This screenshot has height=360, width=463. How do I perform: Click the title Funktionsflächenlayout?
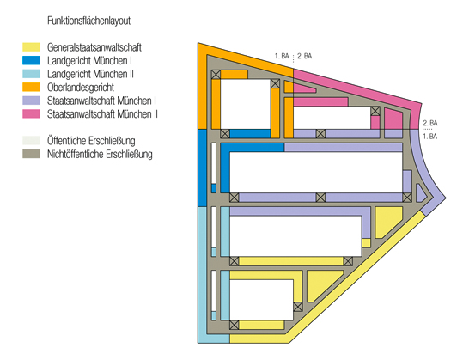click(x=88, y=21)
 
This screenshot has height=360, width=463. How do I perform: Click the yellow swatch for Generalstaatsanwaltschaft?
click(x=31, y=47)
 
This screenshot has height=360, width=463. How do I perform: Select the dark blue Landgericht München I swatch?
click(x=31, y=60)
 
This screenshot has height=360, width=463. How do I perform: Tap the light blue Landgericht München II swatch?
click(x=31, y=74)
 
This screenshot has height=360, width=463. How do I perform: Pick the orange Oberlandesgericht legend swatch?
click(x=31, y=87)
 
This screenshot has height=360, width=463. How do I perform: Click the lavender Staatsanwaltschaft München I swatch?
click(x=31, y=101)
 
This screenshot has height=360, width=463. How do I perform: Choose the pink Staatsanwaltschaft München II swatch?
click(x=31, y=113)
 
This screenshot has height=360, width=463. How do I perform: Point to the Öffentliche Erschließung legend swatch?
click(x=31, y=140)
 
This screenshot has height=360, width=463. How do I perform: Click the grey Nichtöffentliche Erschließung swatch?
click(x=31, y=154)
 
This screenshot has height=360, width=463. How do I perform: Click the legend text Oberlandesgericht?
click(x=81, y=88)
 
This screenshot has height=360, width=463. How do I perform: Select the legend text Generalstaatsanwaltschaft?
click(x=94, y=47)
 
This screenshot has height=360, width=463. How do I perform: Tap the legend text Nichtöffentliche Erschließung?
click(x=100, y=154)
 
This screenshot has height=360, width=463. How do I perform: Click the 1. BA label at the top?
click(x=282, y=56)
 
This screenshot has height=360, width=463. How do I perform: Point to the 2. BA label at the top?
click(x=304, y=56)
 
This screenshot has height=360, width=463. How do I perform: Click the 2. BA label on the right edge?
click(x=430, y=123)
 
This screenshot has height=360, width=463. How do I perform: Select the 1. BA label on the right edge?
click(x=429, y=137)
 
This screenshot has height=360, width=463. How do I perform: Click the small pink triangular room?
click(x=303, y=88)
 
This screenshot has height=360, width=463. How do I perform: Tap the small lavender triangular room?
click(x=420, y=194)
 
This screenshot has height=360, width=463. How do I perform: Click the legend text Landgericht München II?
click(x=90, y=74)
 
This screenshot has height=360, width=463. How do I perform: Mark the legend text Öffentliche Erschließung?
click(x=91, y=141)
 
